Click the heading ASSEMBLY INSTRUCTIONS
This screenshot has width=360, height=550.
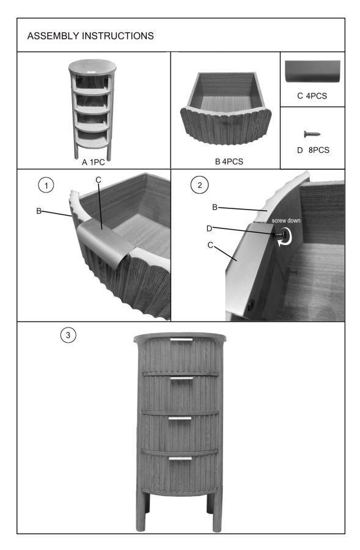pyautogui.click(x=90, y=36)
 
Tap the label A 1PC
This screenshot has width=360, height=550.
pyautogui.click(x=94, y=162)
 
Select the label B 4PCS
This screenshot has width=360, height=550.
pyautogui.click(x=229, y=161)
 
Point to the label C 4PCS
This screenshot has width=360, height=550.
pyautogui.click(x=312, y=96)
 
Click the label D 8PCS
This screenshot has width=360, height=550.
pyautogui.click(x=313, y=150)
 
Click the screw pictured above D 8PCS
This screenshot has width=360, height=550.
pyautogui.click(x=312, y=134)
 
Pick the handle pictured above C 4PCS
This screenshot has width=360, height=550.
pyautogui.click(x=312, y=71)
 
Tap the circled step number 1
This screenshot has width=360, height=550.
pyautogui.click(x=46, y=185)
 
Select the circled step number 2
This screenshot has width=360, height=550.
pyautogui.click(x=200, y=185)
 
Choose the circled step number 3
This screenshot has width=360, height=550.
pyautogui.click(x=68, y=335)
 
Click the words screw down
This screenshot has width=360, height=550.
pyautogui.click(x=286, y=221)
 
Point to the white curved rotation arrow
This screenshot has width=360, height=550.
pyautogui.click(x=285, y=237)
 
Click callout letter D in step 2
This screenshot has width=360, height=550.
pyautogui.click(x=209, y=229)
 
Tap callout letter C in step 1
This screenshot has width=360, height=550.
pyautogui.click(x=98, y=180)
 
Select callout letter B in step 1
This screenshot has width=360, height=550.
pyautogui.click(x=39, y=211)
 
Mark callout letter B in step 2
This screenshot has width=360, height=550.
pyautogui.click(x=215, y=207)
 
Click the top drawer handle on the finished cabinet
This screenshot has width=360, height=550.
pyautogui.click(x=182, y=340)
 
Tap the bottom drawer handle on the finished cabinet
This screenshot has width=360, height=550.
pyautogui.click(x=180, y=458)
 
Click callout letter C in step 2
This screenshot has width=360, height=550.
pyautogui.click(x=210, y=245)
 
